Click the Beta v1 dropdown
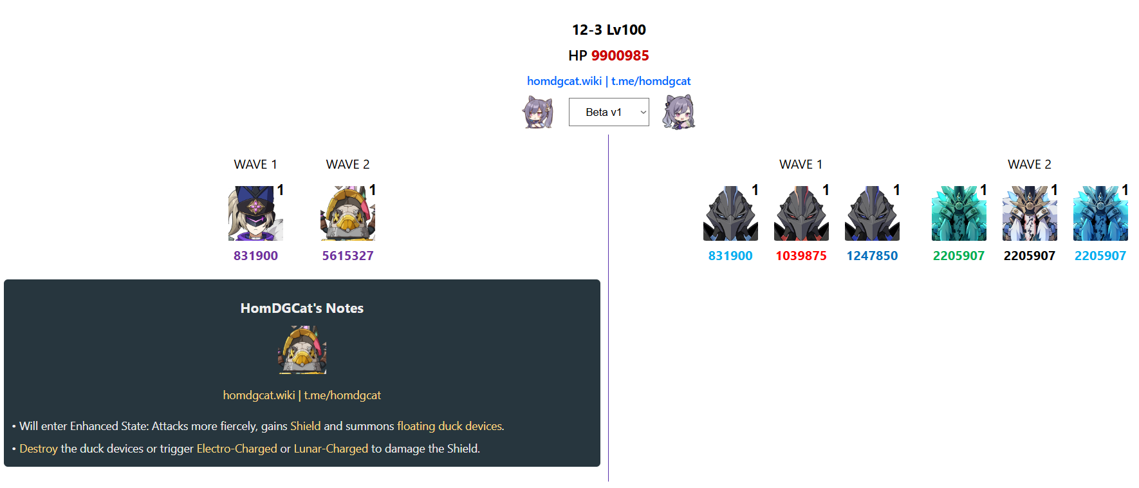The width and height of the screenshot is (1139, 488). [608, 112]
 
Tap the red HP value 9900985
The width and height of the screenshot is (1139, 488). [620, 56]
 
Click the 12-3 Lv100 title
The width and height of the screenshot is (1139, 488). [609, 30]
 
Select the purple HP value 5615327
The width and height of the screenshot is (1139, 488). [347, 256]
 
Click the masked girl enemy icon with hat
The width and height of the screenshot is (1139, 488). [255, 214]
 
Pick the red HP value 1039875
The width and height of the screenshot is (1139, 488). [801, 256]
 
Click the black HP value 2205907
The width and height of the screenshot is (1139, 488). [1029, 256]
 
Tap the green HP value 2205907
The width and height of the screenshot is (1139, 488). [958, 256]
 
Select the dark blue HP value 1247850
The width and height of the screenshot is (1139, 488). [872, 256]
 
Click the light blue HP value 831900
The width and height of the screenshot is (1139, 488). [730, 256]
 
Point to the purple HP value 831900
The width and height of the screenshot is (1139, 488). [255, 256]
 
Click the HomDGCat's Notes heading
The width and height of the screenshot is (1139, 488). [302, 308]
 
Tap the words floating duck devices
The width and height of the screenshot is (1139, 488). [449, 426]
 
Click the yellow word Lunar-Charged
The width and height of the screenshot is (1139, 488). [331, 449]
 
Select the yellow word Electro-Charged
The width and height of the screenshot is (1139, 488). [237, 449]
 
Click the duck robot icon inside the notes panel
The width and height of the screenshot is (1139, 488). [302, 350]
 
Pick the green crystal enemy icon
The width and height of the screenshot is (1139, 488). [959, 214]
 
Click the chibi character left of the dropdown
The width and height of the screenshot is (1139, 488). [538, 112]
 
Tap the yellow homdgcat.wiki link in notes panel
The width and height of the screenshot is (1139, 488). [259, 395]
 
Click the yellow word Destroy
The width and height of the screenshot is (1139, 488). [39, 449]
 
